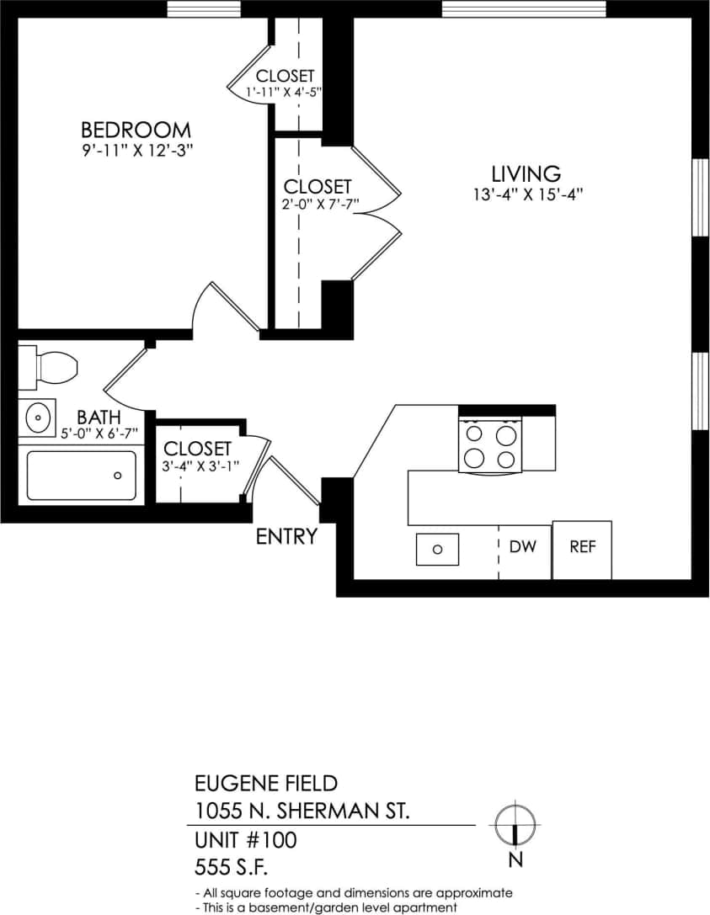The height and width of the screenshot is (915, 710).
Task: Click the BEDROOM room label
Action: click(135, 130)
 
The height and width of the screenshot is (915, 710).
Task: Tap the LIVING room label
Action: click(526, 174)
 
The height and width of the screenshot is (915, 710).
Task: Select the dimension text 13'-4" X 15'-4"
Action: click(528, 193)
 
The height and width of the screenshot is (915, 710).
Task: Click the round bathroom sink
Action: click(37, 416)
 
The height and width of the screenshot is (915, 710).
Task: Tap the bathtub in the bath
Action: click(81, 476)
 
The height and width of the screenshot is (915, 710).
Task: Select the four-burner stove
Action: click(490, 446)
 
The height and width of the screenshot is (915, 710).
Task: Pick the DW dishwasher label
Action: click(523, 546)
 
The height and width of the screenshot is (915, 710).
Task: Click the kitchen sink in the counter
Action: click(437, 549)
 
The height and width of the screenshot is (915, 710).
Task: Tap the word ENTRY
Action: click(286, 536)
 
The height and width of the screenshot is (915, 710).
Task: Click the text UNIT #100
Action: click(245, 840)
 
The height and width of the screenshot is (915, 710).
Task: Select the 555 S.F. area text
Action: click(234, 866)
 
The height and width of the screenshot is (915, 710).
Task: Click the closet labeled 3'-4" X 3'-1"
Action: click(197, 465)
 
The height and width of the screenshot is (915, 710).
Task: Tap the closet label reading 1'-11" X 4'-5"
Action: click(285, 91)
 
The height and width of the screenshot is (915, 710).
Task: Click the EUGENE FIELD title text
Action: click(266, 784)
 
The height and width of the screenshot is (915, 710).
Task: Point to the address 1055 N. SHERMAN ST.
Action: click(302, 811)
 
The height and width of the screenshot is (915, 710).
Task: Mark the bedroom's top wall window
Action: click(191, 8)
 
